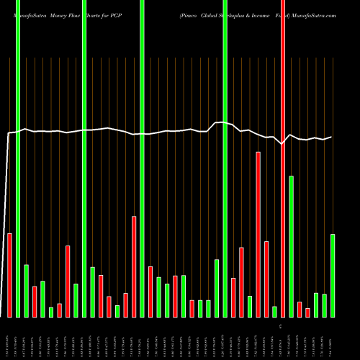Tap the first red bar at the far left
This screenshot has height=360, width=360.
pyautogui.click(x=9, y=275)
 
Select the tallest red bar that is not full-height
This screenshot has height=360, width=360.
pyautogui.click(x=258, y=234)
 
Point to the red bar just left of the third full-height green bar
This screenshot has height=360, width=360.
pyautogui.click(x=134, y=266)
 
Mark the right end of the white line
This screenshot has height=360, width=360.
pyautogui.click(x=331, y=137)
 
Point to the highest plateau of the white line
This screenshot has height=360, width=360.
pyautogui.click(x=222, y=123)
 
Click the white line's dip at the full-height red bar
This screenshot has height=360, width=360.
pyautogui.click(x=283, y=144)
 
